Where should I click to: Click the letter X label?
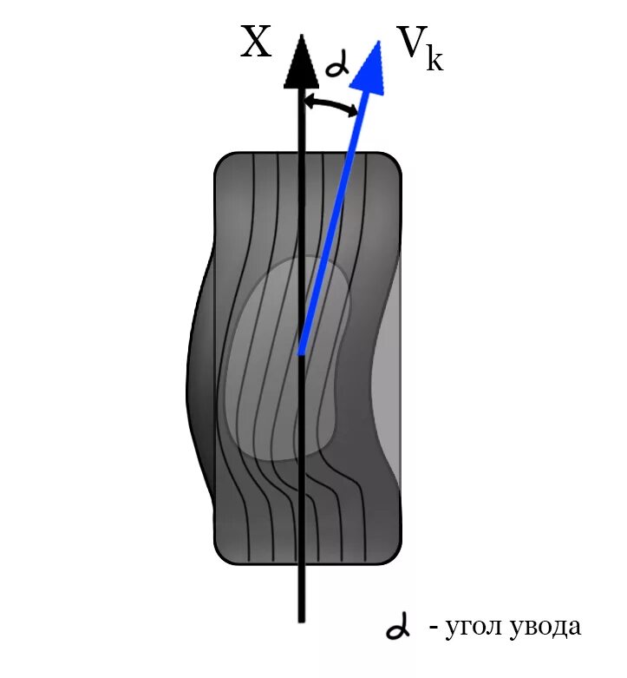click(x=257, y=43)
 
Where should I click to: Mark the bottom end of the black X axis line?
click(x=300, y=618)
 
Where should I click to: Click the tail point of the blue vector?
click(x=300, y=352)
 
